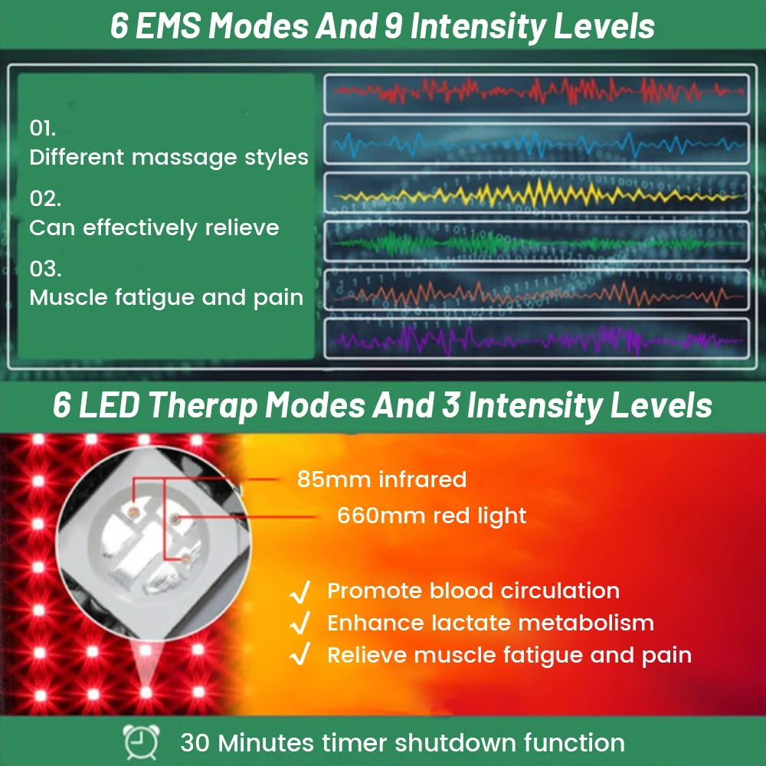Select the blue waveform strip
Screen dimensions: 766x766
click(536, 144)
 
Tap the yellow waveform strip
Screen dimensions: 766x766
click(536, 192)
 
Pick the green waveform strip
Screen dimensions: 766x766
click(536, 241)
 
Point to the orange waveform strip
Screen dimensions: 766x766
click(536, 290)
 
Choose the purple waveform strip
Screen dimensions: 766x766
click(536, 339)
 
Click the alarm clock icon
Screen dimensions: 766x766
click(141, 742)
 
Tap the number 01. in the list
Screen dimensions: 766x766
click(42, 128)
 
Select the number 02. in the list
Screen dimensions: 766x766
click(45, 198)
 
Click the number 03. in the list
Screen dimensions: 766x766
click(45, 269)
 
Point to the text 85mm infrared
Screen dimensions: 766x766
click(381, 480)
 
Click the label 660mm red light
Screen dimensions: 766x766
click(432, 516)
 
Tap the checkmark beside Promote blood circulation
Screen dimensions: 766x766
click(300, 592)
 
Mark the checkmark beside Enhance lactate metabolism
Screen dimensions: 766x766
click(300, 624)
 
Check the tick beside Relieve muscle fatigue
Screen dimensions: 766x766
click(300, 655)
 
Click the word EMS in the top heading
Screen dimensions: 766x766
click(168, 26)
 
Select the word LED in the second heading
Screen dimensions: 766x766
click(109, 405)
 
